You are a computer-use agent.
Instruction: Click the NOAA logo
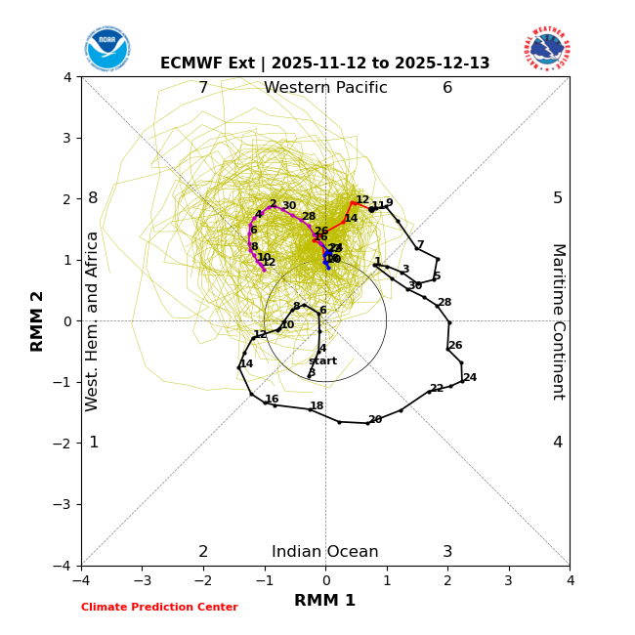point(106,48)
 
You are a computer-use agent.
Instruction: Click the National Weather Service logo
point(546,48)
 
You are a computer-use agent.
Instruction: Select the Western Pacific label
point(325,88)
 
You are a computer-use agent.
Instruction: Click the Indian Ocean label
point(325,552)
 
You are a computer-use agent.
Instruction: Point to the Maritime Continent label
point(558,321)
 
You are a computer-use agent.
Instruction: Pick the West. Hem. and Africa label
point(93,321)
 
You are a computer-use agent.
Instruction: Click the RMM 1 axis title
point(325,601)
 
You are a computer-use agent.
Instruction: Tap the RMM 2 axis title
point(38,321)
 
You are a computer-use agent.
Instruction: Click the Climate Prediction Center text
point(159,608)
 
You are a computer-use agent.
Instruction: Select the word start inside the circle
point(322,361)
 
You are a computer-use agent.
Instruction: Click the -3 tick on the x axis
point(143,580)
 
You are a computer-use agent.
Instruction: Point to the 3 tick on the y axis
point(67,138)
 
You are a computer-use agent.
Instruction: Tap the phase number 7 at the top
point(203,88)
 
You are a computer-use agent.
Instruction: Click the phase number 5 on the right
point(558,198)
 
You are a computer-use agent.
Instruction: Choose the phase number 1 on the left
point(94,443)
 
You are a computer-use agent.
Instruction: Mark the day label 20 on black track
point(375,420)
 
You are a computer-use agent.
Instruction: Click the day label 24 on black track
point(470,378)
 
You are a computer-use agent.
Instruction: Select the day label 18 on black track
point(317,406)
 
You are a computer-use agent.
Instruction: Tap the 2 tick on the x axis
point(447,580)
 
